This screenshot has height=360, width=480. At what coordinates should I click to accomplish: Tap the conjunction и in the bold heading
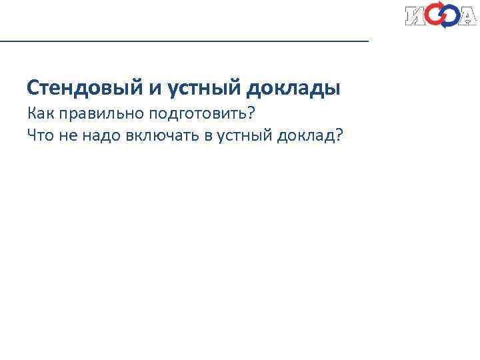tap(143, 87)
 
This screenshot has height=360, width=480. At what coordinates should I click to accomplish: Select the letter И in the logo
tap(416, 16)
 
